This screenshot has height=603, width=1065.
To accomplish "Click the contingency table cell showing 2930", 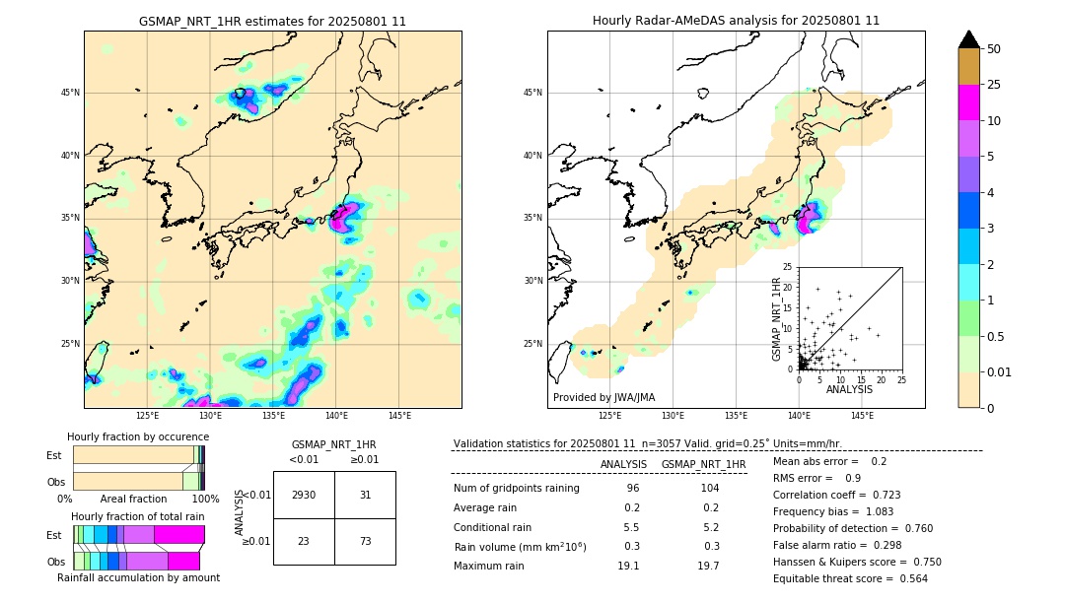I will pyautogui.click(x=304, y=495).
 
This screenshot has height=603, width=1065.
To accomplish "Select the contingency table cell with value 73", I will pyautogui.click(x=365, y=542).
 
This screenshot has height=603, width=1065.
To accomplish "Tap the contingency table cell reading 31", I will pyautogui.click(x=365, y=495).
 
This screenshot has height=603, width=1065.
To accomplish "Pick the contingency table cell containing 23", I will pyautogui.click(x=304, y=542).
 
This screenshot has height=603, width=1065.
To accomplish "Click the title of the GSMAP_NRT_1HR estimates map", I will pyautogui.click(x=272, y=21).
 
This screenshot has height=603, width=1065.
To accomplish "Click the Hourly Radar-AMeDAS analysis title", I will pyautogui.click(x=736, y=21).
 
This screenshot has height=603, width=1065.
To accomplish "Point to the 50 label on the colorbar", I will pyautogui.click(x=994, y=49).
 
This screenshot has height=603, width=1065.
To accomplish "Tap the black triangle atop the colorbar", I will pyautogui.click(x=969, y=39).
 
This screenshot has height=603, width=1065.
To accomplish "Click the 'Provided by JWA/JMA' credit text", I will pyautogui.click(x=603, y=397).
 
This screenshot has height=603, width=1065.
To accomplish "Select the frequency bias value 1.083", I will pyautogui.click(x=866, y=511).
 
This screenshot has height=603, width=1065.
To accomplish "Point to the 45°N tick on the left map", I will pyautogui.click(x=70, y=93).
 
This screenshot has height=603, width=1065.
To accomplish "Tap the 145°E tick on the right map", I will pyautogui.click(x=862, y=416).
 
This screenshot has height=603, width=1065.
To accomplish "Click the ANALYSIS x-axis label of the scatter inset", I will pyautogui.click(x=849, y=389).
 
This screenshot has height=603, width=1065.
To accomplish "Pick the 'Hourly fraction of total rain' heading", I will pyautogui.click(x=138, y=516).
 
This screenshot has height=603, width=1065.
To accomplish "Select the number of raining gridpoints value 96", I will pyautogui.click(x=632, y=489).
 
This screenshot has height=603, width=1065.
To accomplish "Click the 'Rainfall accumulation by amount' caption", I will pyautogui.click(x=138, y=578).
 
